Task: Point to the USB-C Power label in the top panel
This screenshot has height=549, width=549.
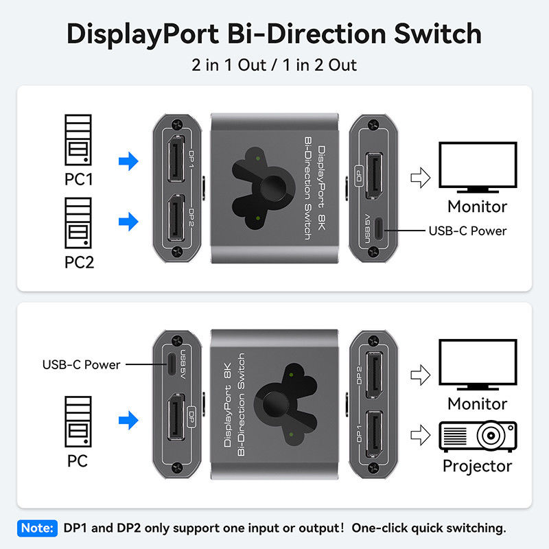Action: click(x=467, y=231)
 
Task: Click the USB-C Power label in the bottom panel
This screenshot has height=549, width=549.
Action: click(x=82, y=364)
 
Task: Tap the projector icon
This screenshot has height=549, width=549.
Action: click(x=477, y=436)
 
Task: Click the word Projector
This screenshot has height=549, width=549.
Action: click(x=477, y=466)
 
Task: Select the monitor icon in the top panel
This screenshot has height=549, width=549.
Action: click(x=477, y=167)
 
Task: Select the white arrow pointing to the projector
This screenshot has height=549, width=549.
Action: click(x=419, y=434)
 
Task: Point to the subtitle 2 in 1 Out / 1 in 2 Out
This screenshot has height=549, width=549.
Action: click(x=274, y=65)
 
